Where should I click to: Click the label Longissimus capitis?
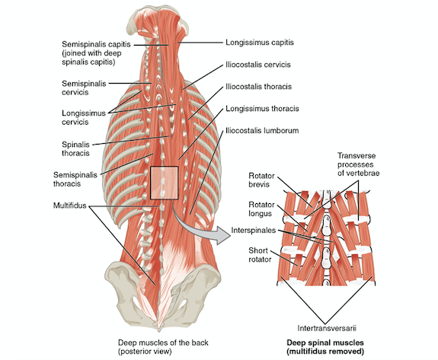(260, 43)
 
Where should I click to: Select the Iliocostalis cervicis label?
(258, 65)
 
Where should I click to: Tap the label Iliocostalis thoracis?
(258, 87)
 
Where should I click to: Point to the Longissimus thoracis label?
(262, 108)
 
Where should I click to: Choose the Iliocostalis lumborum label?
(262, 130)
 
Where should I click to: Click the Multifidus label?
(70, 205)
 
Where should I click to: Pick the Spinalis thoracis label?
(75, 148)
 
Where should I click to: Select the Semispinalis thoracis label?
(75, 179)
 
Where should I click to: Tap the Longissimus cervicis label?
(84, 117)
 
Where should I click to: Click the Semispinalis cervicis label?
(84, 88)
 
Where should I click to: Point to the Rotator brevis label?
(261, 180)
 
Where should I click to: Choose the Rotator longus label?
(261, 209)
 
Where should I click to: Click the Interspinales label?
(254, 230)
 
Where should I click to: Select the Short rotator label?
(260, 255)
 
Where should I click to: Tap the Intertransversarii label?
(327, 328)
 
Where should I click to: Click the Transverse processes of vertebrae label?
(358, 164)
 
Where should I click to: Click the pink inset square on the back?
(165, 183)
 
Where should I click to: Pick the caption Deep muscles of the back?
(163, 342)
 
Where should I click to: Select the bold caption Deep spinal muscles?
(325, 342)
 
